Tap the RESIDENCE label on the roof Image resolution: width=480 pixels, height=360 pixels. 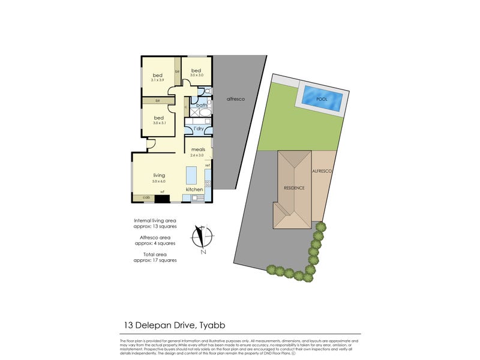pyautogui.click(x=294, y=188)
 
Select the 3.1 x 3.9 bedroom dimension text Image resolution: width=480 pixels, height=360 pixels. pyautogui.click(x=158, y=80)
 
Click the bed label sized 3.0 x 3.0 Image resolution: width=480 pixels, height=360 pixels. pyautogui.click(x=196, y=71)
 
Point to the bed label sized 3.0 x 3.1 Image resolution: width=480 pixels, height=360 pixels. pyautogui.click(x=159, y=118)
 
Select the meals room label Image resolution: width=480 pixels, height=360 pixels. pyautogui.click(x=198, y=149)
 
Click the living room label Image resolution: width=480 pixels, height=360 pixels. pyautogui.click(x=158, y=175)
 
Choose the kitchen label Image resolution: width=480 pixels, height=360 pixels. pyautogui.click(x=194, y=190)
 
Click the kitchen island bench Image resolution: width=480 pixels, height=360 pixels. pyautogui.click(x=191, y=175)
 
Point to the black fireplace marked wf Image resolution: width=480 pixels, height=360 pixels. pyautogui.click(x=162, y=197)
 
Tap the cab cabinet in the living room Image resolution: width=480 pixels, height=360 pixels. pyautogui.click(x=146, y=196)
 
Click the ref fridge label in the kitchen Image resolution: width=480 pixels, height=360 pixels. pyautogui.click(x=208, y=166)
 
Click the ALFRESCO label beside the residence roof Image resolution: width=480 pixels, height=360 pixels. pyautogui.click(x=322, y=172)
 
